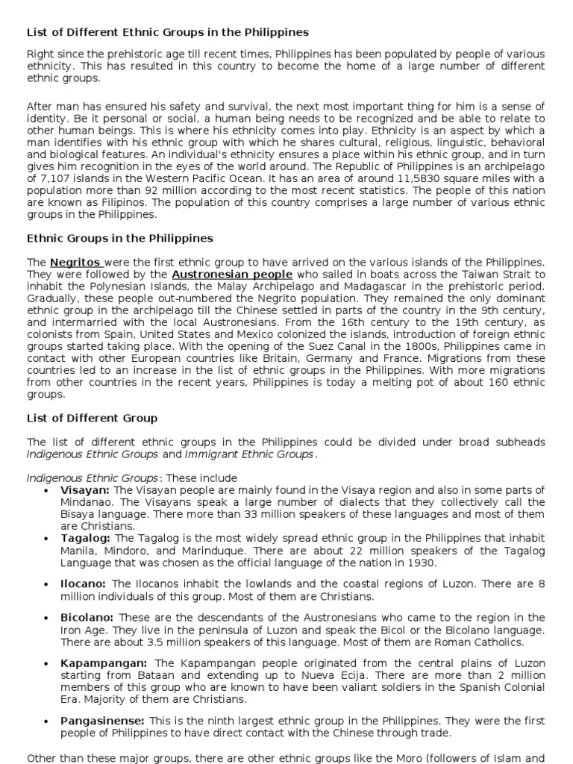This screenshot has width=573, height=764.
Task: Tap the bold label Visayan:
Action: pyautogui.click(x=84, y=490)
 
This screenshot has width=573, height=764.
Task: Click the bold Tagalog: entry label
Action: pyautogui.click(x=85, y=538)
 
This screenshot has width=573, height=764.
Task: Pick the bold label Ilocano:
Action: pyautogui.click(x=83, y=584)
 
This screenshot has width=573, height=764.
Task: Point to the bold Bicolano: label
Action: pyautogui.click(x=87, y=618)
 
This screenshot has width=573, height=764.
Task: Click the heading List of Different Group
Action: pyautogui.click(x=92, y=418)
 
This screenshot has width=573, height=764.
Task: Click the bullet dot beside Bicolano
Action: pyautogui.click(x=46, y=619)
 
